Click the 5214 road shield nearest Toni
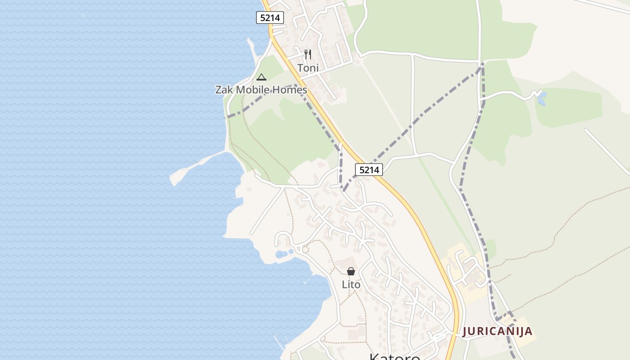click(270, 18)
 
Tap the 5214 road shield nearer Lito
click(369, 170)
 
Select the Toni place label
click(308, 68)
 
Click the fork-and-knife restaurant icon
click(308, 54)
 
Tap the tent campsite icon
click(261, 77)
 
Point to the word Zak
click(225, 90)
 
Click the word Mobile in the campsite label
click(258, 90)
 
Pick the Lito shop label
click(351, 285)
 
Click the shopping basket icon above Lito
click(351, 271)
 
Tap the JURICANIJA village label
click(497, 332)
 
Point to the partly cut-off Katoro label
click(395, 357)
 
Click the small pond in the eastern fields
click(541, 99)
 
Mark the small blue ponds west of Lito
click(281, 254)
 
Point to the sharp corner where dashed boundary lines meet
click(482, 64)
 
